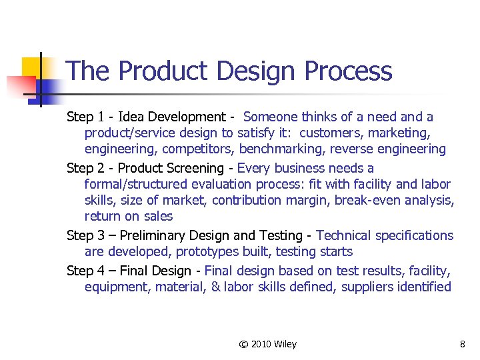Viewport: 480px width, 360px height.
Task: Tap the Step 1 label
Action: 85,117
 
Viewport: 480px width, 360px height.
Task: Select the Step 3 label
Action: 85,235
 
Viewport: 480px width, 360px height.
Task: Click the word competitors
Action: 202,149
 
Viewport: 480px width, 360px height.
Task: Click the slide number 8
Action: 462,344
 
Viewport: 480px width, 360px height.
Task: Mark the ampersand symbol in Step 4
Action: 216,287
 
